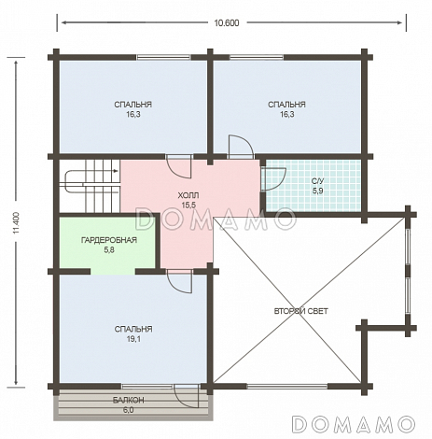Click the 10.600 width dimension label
[x=227, y=23]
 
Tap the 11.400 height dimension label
[x=17, y=223]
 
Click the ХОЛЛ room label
[x=188, y=195]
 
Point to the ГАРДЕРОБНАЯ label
[x=109, y=240]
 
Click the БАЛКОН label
[x=128, y=400]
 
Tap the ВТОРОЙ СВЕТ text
[x=300, y=311]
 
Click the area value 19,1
[x=133, y=339]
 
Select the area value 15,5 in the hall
[x=188, y=205]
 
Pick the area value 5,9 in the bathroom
[x=317, y=191]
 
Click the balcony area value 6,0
[x=128, y=410]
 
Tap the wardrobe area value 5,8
[x=109, y=249]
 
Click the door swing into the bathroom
[x=274, y=178]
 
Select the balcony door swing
[x=187, y=396]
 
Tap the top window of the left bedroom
[x=163, y=57]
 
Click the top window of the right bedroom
[x=257, y=57]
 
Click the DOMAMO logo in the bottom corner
[x=354, y=424]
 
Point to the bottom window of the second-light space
[x=287, y=387]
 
